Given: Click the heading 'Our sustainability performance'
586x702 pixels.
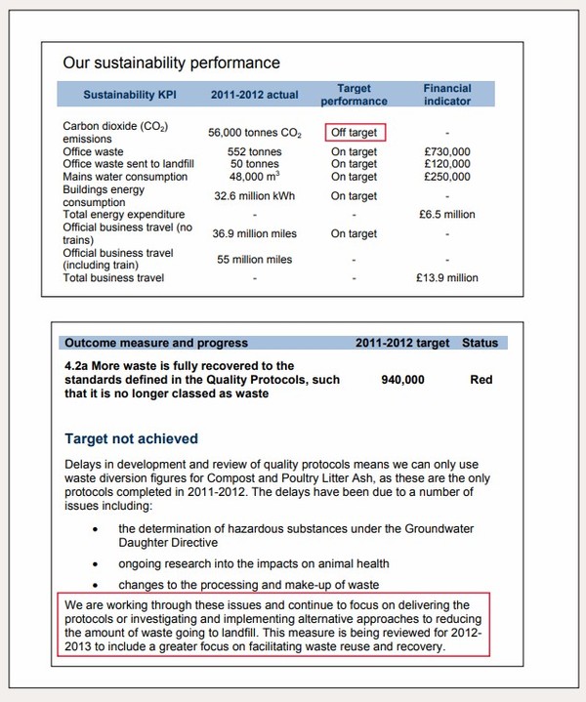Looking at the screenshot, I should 171,63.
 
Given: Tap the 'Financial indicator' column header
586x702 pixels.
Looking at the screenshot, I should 446,94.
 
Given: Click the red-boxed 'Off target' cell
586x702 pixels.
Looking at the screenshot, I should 353,132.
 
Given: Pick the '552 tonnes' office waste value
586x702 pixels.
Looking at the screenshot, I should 254,152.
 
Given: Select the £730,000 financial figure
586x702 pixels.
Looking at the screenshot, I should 446,152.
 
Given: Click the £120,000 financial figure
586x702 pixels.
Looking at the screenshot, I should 446,165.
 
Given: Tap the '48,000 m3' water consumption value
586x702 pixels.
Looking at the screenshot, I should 254,177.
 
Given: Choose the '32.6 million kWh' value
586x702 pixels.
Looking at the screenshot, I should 254,195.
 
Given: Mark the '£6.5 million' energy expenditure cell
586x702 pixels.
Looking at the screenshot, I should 446,214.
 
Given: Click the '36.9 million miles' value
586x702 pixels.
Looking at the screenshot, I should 253,233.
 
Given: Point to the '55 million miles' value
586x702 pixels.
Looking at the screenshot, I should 253,259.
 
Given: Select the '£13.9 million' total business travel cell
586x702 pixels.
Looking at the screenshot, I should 446,278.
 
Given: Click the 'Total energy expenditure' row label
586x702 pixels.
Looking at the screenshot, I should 123,214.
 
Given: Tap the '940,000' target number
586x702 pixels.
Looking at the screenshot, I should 401,380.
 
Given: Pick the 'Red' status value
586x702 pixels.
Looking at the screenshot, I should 481,380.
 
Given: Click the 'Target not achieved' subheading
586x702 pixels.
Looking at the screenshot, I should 131,439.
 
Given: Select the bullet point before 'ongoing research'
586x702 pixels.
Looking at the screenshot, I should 94,563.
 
